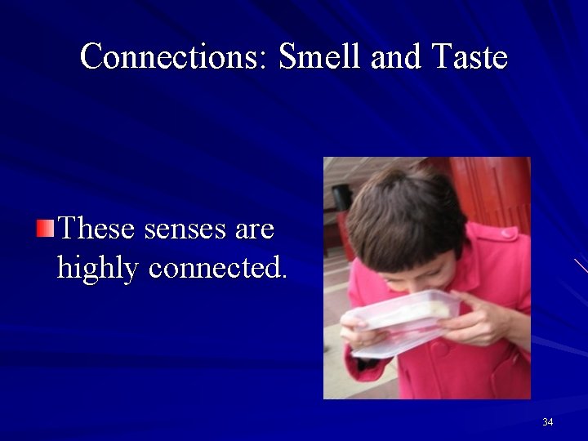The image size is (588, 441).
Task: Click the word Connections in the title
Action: [175, 57]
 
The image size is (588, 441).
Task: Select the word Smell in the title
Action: [321, 57]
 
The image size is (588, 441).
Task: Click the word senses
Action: [185, 229]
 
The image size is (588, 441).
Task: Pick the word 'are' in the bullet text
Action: [254, 229]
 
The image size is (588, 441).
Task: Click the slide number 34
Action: [547, 421]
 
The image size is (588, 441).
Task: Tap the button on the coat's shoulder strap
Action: [508, 234]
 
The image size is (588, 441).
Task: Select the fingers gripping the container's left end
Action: [355, 333]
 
